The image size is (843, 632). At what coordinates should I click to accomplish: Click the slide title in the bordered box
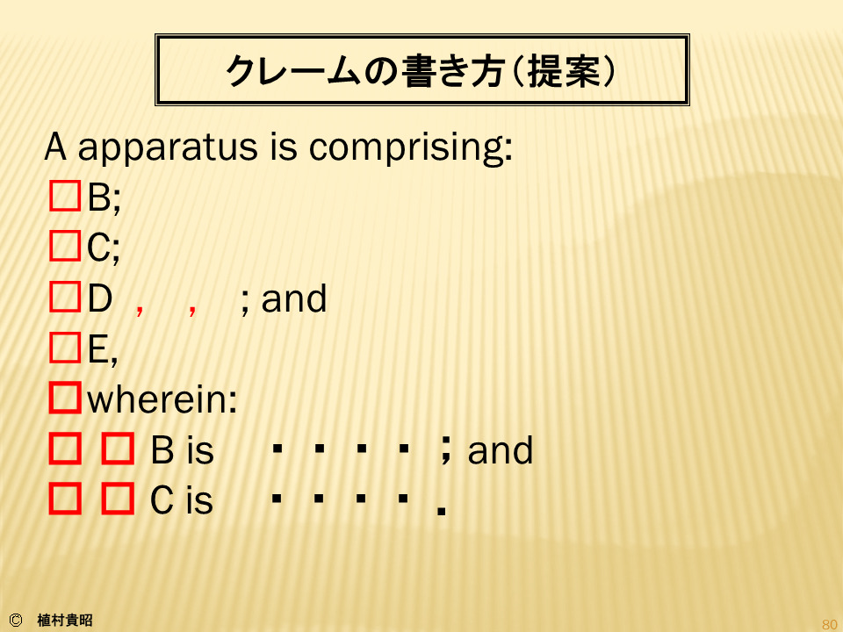point(421,70)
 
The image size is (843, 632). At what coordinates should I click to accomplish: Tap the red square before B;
point(65,196)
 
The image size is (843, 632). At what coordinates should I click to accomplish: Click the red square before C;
point(65,246)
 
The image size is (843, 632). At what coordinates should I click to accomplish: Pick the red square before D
point(65,297)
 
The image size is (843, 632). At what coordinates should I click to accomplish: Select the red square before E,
point(65,348)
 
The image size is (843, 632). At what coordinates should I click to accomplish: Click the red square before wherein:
point(65,398)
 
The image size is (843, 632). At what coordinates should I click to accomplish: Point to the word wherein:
point(162,400)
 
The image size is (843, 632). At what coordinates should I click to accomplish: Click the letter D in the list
point(100,298)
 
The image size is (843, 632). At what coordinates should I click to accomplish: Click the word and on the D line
point(294,298)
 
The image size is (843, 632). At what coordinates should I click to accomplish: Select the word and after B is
point(501,450)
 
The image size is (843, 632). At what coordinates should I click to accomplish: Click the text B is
point(183,450)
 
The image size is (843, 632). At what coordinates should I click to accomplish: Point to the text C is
point(182,500)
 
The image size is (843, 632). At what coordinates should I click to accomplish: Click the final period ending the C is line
point(442,511)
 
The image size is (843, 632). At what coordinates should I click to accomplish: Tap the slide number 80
point(830,624)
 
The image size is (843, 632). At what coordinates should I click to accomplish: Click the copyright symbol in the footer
point(16,621)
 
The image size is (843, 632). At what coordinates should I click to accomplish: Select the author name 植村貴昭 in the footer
point(65,621)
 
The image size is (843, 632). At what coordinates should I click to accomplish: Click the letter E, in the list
point(103,350)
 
